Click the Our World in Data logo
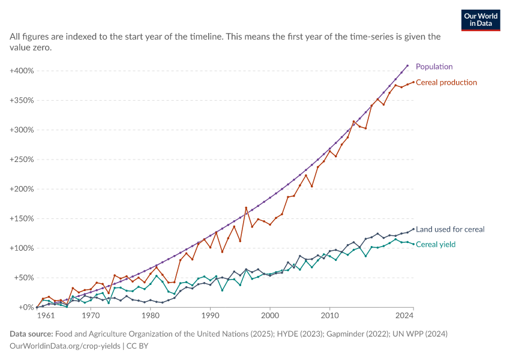[481, 20]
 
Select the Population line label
[434, 67]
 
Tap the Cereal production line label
[446, 83]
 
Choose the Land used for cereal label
[450, 229]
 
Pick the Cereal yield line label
[436, 245]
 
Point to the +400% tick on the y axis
[22, 71]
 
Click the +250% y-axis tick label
[22, 160]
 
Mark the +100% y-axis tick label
[22, 248]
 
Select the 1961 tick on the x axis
[46, 316]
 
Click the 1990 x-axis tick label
[211, 316]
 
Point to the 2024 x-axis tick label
[404, 316]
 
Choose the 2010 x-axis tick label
[330, 316]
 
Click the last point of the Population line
[407, 65]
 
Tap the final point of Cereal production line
[413, 82]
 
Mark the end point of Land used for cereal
[413, 229]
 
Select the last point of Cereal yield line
[413, 244]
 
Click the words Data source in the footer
[31, 334]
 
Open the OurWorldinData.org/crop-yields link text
[65, 346]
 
